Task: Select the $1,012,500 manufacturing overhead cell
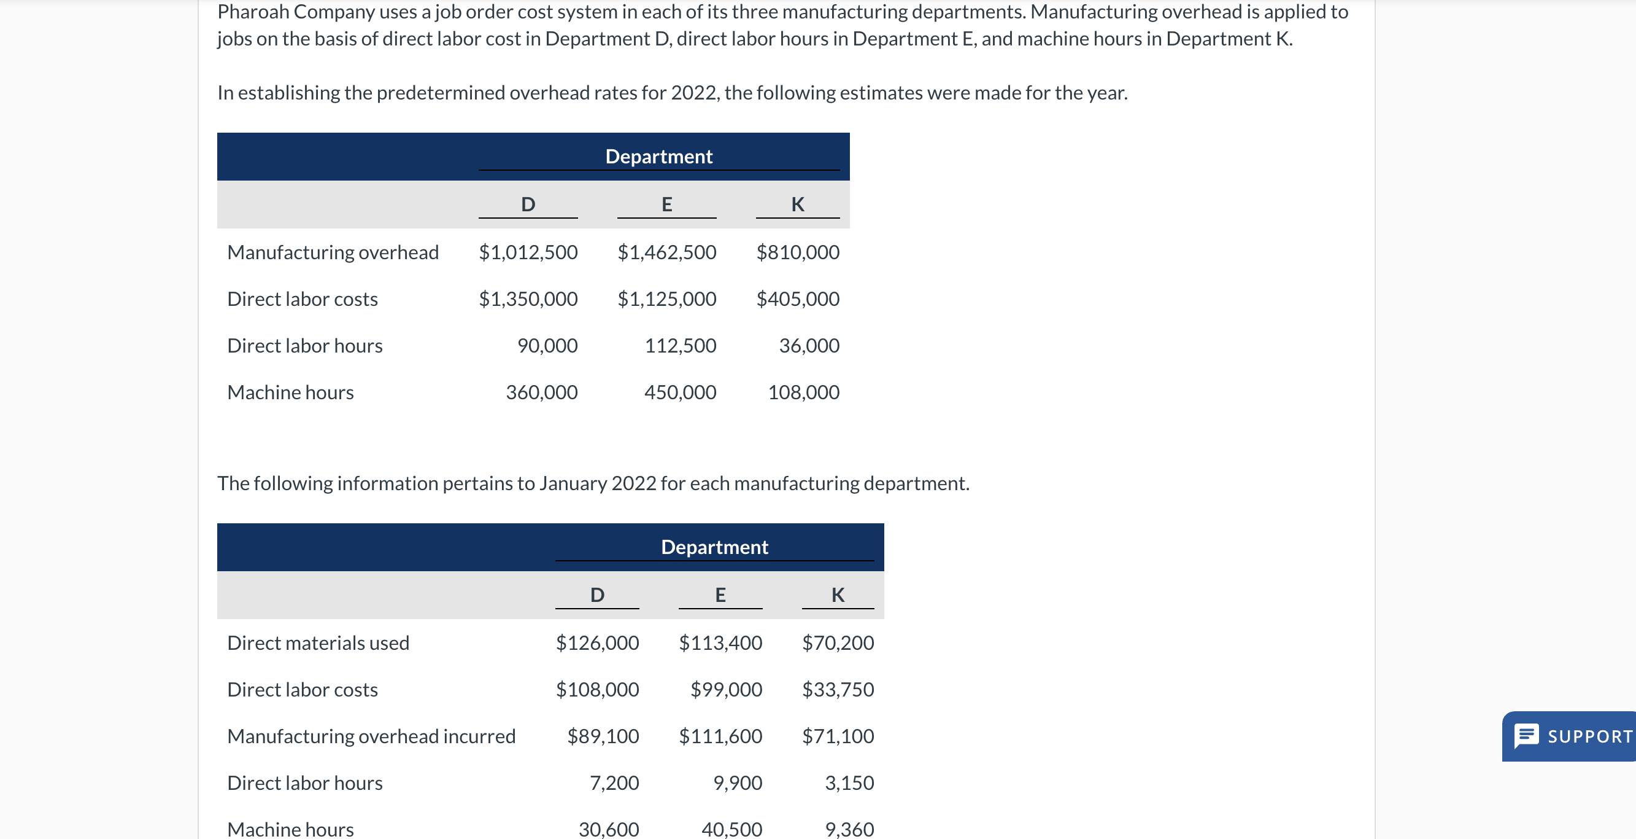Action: (x=528, y=252)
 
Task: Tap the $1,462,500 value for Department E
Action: (x=666, y=252)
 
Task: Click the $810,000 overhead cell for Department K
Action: (x=797, y=252)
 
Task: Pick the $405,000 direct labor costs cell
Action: (x=797, y=299)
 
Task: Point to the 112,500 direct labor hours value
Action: (x=679, y=346)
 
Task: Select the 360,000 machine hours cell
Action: (x=541, y=392)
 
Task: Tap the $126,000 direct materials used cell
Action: (x=596, y=642)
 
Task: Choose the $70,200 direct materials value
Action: (x=837, y=642)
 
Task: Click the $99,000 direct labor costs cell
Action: (x=725, y=690)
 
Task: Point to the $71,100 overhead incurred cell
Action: (x=837, y=736)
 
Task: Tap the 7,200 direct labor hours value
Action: (x=614, y=783)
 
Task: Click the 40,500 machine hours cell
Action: (x=731, y=829)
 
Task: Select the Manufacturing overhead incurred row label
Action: (x=371, y=736)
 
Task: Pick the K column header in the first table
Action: (x=797, y=204)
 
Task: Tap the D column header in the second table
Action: (x=596, y=595)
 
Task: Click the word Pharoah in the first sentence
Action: (x=252, y=12)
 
